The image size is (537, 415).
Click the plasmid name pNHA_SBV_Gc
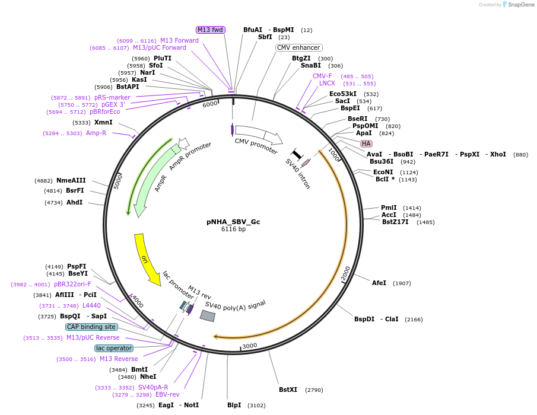(233, 222)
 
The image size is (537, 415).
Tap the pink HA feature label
(366, 143)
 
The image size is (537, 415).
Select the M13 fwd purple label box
(211, 30)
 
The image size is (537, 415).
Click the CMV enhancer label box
(299, 47)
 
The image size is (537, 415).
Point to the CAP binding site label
(91, 327)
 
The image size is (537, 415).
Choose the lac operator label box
(114, 348)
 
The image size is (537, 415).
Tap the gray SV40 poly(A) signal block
(207, 316)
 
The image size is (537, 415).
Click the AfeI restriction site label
(379, 283)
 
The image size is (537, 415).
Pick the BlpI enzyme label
(234, 405)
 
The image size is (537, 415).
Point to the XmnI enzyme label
(103, 122)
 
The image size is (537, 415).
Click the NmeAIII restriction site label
(71, 180)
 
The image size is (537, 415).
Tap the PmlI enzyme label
(389, 207)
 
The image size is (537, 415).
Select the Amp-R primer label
(96, 133)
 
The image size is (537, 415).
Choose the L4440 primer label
(91, 305)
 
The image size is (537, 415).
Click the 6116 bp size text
(233, 229)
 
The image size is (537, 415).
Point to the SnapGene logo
(517, 5)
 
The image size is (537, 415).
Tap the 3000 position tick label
(249, 346)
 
